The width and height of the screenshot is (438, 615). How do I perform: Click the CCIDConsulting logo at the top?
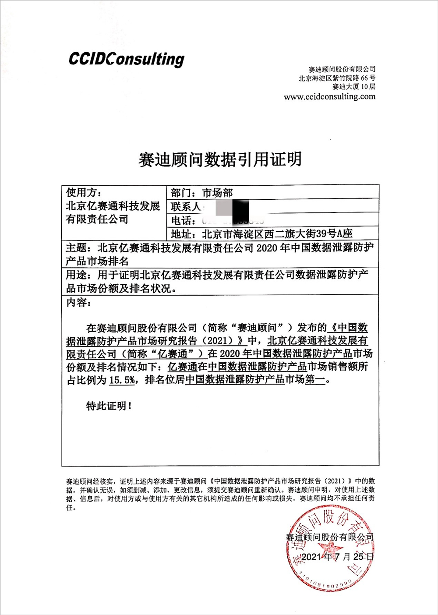click(x=126, y=59)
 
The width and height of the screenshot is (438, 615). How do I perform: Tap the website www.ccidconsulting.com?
click(x=329, y=97)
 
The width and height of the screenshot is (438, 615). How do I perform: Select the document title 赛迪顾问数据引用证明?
click(x=220, y=159)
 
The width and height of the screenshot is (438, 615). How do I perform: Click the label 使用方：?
click(x=84, y=193)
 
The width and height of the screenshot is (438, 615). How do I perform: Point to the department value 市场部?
click(x=217, y=193)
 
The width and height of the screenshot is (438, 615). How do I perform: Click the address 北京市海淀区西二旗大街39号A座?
click(x=277, y=233)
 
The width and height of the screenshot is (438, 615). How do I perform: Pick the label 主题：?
click(x=79, y=248)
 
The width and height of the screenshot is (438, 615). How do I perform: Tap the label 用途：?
click(x=79, y=275)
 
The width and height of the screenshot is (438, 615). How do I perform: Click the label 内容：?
click(x=79, y=302)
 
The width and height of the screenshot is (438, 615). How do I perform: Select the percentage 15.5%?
click(x=122, y=380)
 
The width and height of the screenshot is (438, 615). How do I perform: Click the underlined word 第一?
click(x=315, y=380)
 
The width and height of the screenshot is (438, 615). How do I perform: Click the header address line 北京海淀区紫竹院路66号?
click(x=337, y=78)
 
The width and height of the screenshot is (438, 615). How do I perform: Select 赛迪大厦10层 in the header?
click(x=354, y=87)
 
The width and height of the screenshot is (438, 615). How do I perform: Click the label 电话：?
click(x=183, y=220)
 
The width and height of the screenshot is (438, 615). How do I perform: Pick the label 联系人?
click(x=185, y=206)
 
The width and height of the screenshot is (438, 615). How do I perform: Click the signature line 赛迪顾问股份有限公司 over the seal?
click(x=329, y=537)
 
